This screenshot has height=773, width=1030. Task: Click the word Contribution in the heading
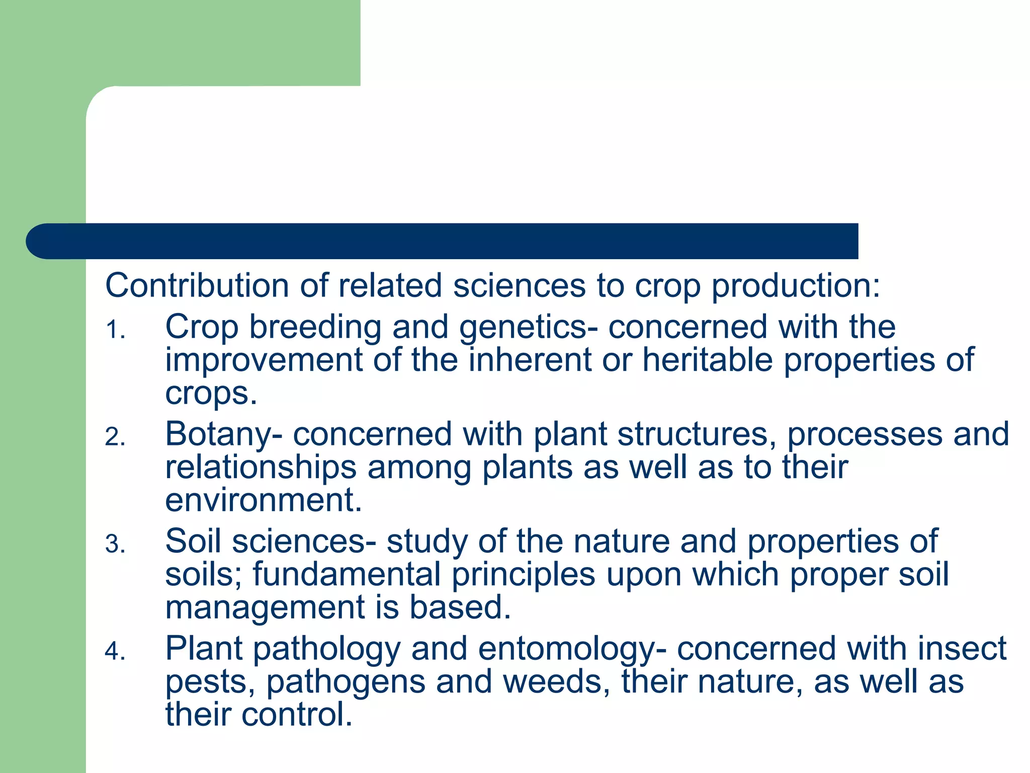point(197,286)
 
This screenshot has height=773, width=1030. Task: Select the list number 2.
point(115,437)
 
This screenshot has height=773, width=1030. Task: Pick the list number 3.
point(115,545)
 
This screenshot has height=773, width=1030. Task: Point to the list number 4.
point(115,652)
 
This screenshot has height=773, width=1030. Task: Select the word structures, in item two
point(697,434)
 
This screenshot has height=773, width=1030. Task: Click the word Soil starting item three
point(193,541)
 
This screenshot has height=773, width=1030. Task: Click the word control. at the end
point(297,715)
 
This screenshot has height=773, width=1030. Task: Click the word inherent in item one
point(530,360)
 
